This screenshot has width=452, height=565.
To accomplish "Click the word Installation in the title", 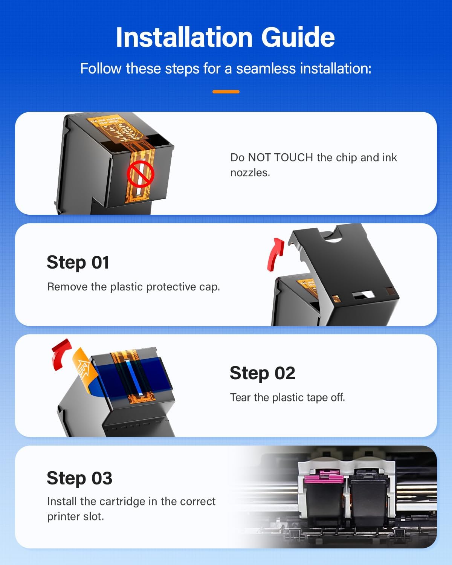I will [x=184, y=37].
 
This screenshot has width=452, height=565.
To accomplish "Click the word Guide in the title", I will [x=298, y=37].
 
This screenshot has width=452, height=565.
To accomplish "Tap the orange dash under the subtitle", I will [x=226, y=92].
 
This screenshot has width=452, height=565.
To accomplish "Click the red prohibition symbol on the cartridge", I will [x=140, y=174].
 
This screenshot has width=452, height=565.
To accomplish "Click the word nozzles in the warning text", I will [x=250, y=173].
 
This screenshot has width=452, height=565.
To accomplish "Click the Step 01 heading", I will [x=78, y=263].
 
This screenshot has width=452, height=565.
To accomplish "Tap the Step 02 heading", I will [x=263, y=373].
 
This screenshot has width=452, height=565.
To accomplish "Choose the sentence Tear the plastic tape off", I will [x=287, y=397].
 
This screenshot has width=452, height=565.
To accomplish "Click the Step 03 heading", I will [x=79, y=478].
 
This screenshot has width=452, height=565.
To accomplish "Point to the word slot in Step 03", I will [x=94, y=516].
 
